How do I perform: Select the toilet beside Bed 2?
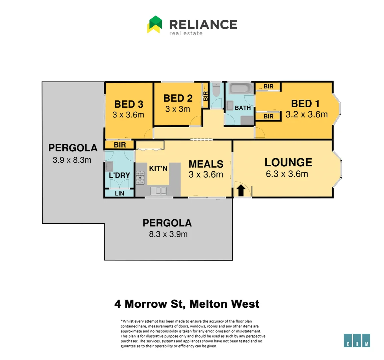[x=216, y=90]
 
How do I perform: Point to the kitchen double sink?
[x=158, y=191]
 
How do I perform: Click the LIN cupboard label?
[x=119, y=193]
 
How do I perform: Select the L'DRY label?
[x=119, y=175]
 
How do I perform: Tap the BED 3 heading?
[x=129, y=104]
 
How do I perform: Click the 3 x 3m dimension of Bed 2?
[x=177, y=109]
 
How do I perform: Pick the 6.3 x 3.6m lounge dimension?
[x=287, y=174]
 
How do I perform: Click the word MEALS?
[x=206, y=164]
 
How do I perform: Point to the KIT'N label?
[x=158, y=168]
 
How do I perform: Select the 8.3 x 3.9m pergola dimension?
[x=168, y=234]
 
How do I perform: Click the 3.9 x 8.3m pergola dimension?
[x=72, y=160]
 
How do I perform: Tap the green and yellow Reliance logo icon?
[x=155, y=24]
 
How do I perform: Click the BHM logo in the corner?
[x=357, y=340]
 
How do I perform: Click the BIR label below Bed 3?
[x=120, y=145]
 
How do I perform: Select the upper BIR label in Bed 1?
[x=268, y=87]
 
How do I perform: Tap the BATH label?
[x=243, y=108]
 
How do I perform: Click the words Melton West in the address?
[x=224, y=304]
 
